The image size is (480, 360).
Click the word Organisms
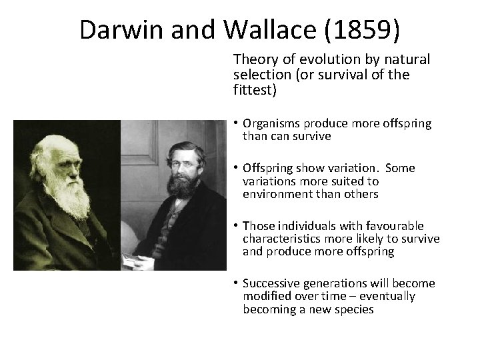[x=271, y=123]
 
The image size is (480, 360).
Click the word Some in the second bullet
[x=399, y=168]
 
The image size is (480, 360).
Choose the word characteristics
[x=280, y=239]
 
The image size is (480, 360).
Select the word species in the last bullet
[x=354, y=309]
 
